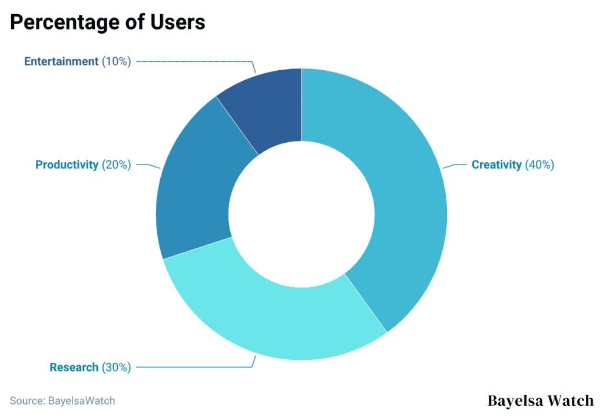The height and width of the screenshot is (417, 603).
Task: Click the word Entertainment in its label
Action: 61,61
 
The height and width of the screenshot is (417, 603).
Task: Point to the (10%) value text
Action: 116,61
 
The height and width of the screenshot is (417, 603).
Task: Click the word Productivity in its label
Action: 67,165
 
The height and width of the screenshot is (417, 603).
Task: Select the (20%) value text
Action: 116,165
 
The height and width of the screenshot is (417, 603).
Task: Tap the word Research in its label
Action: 74,367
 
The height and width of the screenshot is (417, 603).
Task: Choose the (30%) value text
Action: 116,367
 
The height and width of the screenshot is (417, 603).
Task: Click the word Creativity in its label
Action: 496,165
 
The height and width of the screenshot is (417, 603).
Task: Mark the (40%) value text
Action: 539,165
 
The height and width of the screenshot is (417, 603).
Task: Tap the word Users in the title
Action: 177,22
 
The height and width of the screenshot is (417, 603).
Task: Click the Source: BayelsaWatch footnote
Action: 62,400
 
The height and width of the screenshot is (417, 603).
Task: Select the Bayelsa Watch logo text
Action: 541,401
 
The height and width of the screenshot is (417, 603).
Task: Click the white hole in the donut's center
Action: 301,214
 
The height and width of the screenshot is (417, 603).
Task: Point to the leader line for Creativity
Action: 455,166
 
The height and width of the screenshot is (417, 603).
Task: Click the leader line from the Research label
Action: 194,367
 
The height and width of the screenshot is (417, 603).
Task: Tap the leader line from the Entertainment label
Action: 194,61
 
